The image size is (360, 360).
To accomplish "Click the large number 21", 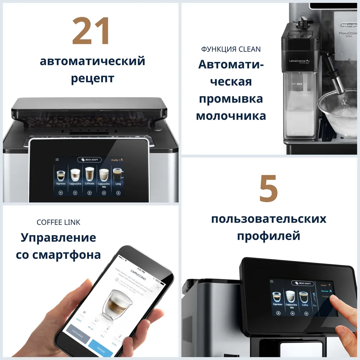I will (91, 31).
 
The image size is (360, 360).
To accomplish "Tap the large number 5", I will (268, 188).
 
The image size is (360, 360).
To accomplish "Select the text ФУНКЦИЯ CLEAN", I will (231, 49).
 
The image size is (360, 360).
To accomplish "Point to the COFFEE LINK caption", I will (58, 222).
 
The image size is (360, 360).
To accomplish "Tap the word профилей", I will (269, 236).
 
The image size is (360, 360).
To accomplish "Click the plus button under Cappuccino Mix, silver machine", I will (104, 193).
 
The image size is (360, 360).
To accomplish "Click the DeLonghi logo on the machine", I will (346, 25).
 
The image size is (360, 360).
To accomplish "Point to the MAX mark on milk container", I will (299, 84).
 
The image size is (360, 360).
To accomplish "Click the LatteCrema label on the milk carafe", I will (299, 62).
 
